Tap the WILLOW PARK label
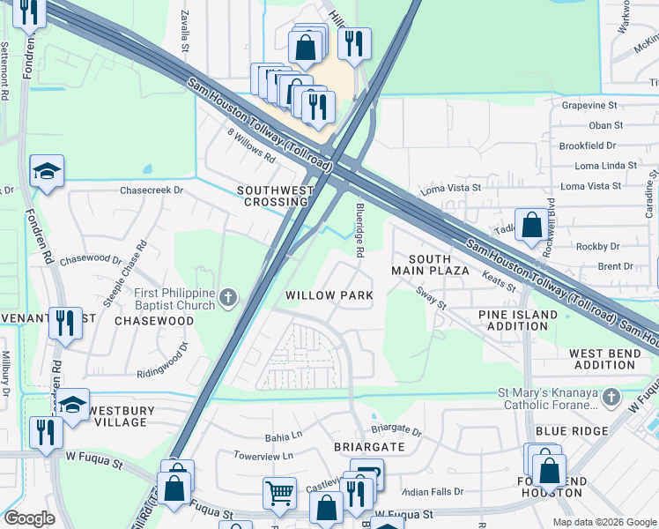click(x=329, y=295)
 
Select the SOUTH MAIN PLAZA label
click(x=437, y=264)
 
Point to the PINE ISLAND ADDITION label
click(x=518, y=321)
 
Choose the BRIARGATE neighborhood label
click(x=369, y=447)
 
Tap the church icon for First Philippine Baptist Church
click(x=228, y=298)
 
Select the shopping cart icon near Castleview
click(x=279, y=492)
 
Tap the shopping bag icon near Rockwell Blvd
click(x=532, y=224)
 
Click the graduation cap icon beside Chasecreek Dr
click(x=47, y=170)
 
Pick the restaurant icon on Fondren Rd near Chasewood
click(x=64, y=322)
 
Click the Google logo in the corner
click(x=29, y=518)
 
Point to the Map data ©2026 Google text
click(x=603, y=522)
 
